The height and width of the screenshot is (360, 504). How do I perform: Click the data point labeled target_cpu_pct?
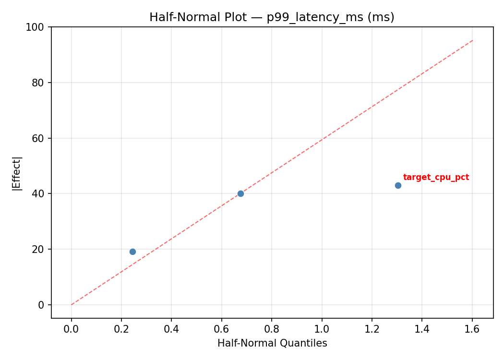pyautogui.click(x=398, y=185)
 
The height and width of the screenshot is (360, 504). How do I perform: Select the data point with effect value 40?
pyautogui.click(x=240, y=193)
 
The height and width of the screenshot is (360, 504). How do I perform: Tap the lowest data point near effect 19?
pyautogui.click(x=132, y=252)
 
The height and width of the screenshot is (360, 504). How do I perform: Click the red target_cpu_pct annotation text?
pyautogui.click(x=436, y=178)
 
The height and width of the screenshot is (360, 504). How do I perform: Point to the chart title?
pyautogui.click(x=272, y=17)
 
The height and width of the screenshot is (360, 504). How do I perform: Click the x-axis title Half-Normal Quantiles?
pyautogui.click(x=272, y=343)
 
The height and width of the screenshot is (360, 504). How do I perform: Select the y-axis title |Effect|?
pyautogui.click(x=17, y=173)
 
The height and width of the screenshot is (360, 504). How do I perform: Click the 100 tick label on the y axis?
pyautogui.click(x=35, y=27)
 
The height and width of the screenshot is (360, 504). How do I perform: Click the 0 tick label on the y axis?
pyautogui.click(x=41, y=305)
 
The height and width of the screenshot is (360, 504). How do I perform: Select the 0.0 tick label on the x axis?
pyautogui.click(x=72, y=329)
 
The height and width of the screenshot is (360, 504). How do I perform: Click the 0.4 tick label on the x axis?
pyautogui.click(x=171, y=329)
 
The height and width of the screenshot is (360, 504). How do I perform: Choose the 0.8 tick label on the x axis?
pyautogui.click(x=272, y=329)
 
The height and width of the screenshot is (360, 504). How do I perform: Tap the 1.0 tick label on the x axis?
pyautogui.click(x=322, y=329)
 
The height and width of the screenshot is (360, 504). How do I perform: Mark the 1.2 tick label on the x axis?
pyautogui.click(x=372, y=329)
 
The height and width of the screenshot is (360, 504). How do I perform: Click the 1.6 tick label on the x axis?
pyautogui.click(x=472, y=329)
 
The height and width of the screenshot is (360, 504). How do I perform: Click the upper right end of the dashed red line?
pyautogui.click(x=472, y=40)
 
